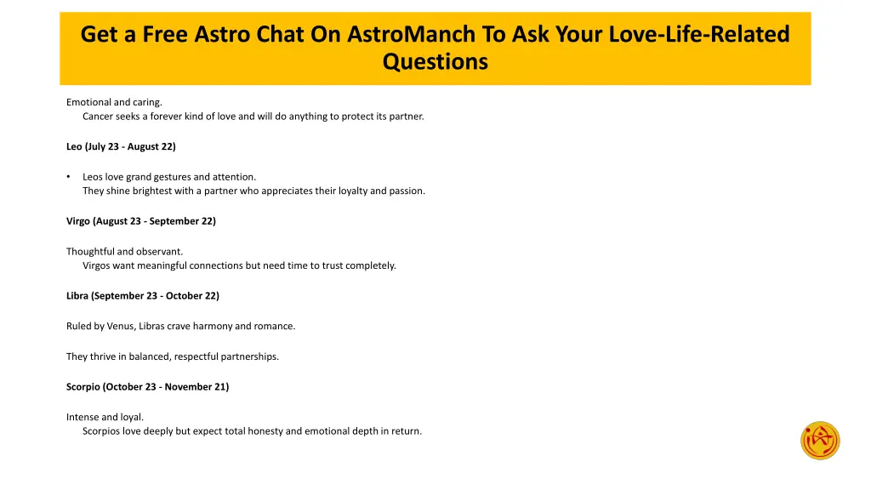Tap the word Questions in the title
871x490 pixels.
pyautogui.click(x=435, y=62)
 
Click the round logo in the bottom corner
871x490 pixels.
pyautogui.click(x=820, y=441)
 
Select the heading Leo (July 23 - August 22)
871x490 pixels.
pyautogui.click(x=121, y=146)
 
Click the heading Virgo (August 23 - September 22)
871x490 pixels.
pyautogui.click(x=141, y=221)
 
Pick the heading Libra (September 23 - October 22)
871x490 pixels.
pyautogui.click(x=143, y=296)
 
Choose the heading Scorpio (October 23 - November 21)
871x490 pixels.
pyautogui.click(x=147, y=386)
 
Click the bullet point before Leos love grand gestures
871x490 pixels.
pyautogui.click(x=68, y=177)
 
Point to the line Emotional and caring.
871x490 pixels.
pyautogui.click(x=114, y=102)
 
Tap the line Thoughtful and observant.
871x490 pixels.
pyautogui.click(x=124, y=251)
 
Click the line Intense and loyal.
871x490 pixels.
pyautogui.click(x=105, y=417)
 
